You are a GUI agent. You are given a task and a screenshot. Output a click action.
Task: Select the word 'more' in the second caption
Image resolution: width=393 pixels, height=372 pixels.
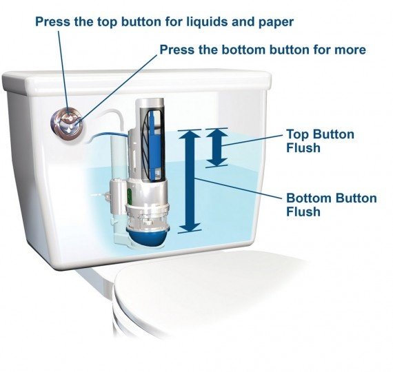[x=350, y=50]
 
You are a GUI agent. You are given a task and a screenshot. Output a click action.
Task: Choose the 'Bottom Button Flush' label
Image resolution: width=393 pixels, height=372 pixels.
[x=331, y=205]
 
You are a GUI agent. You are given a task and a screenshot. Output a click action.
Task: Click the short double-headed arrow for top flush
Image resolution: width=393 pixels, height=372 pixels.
[x=216, y=147]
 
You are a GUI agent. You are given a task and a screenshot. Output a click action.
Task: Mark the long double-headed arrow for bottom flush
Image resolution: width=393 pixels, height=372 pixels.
[x=192, y=180]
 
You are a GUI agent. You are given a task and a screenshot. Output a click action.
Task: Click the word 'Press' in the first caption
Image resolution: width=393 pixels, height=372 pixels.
[x=54, y=22]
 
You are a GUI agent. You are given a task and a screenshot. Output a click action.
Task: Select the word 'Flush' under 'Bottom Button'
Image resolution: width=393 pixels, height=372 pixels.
[x=304, y=212]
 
